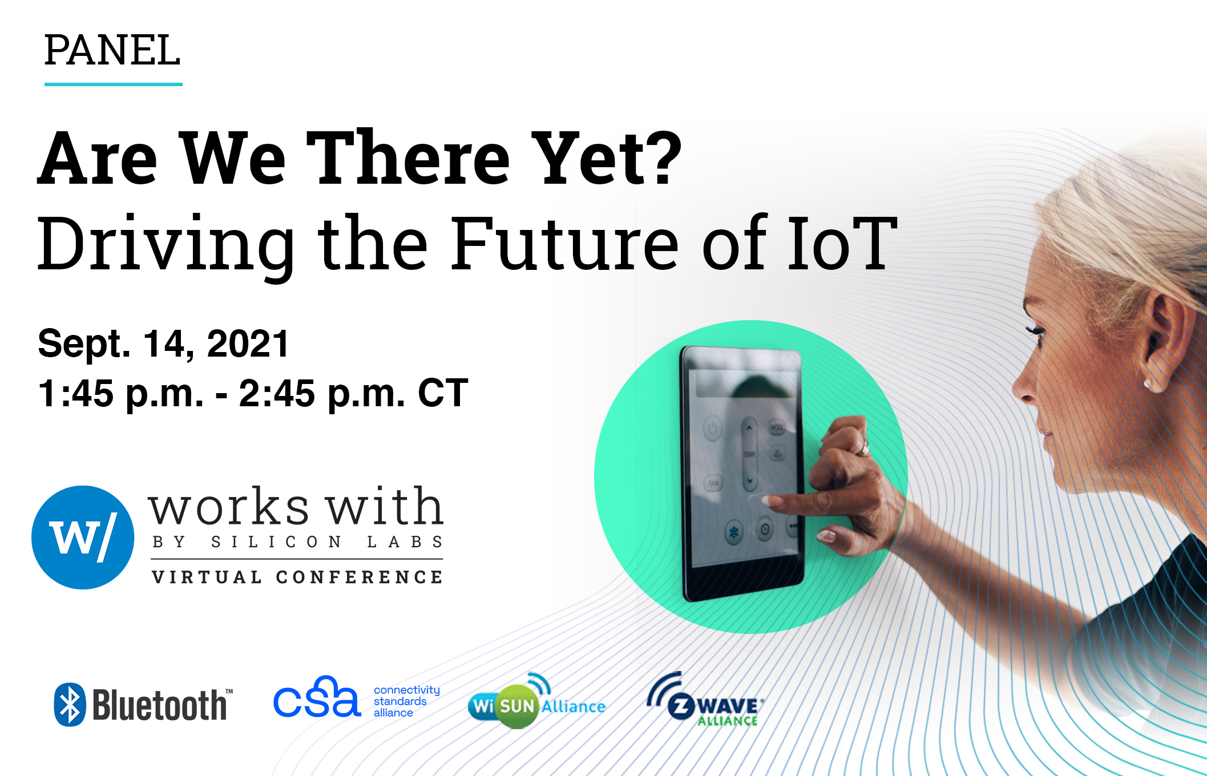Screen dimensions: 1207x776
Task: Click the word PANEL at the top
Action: [112, 50]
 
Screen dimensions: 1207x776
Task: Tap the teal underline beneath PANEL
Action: [114, 84]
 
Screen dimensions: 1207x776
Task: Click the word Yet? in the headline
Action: [607, 158]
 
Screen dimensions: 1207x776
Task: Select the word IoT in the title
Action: [842, 242]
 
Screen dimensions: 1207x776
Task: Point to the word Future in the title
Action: [565, 242]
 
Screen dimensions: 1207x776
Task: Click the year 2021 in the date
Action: [248, 344]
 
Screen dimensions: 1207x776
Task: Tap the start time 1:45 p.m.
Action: [120, 393]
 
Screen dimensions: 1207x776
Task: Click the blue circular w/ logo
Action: [83, 537]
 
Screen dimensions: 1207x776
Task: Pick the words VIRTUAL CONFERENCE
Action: [297, 577]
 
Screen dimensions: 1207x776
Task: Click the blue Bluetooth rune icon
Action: [70, 705]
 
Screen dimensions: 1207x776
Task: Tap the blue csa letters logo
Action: [317, 697]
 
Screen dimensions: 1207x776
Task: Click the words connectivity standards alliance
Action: [407, 701]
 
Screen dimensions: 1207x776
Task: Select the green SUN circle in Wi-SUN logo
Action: [516, 706]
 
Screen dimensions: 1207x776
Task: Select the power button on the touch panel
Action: [712, 429]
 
